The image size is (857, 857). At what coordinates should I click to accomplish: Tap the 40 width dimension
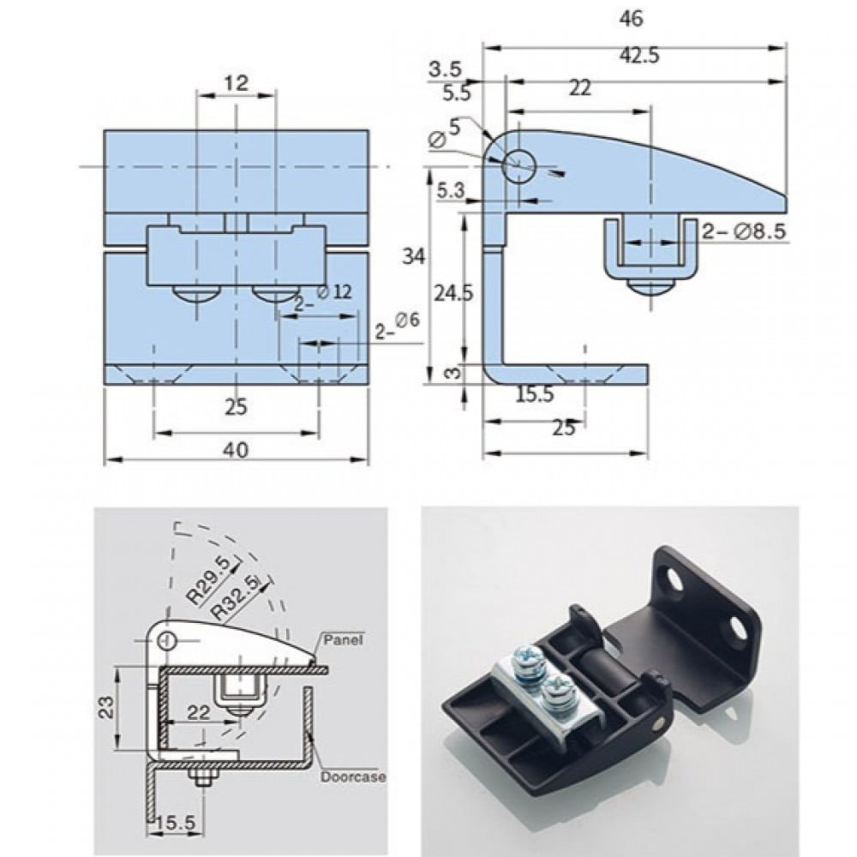[x=237, y=449]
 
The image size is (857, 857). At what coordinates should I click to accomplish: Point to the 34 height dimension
[x=415, y=255]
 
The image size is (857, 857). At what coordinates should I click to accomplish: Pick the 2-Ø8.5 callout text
[x=744, y=231]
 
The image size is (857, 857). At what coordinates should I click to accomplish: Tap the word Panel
[x=344, y=638]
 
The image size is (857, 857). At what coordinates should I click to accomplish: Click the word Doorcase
[x=353, y=777]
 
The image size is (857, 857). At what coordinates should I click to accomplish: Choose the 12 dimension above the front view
[x=237, y=83]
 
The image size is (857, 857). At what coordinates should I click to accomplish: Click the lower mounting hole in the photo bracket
[x=735, y=629]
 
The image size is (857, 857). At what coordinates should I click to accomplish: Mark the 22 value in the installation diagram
[x=199, y=710]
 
